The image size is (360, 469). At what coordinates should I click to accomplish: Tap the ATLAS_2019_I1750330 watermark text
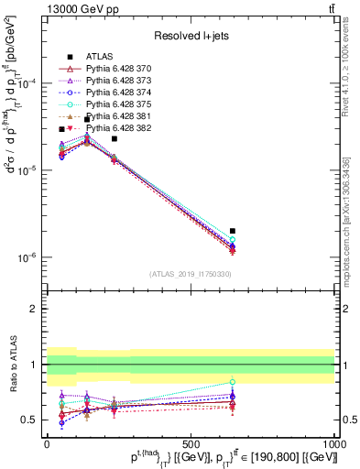[191, 274]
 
